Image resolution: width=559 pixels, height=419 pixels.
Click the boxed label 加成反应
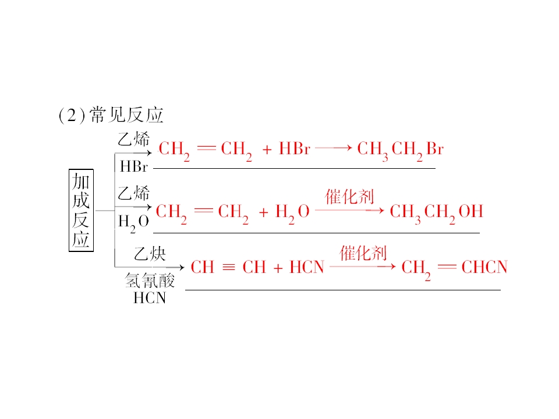pyautogui.click(x=81, y=210)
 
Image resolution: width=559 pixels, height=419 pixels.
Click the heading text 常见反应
pyautogui.click(x=126, y=115)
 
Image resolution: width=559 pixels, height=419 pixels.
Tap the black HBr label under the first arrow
pyautogui.click(x=134, y=166)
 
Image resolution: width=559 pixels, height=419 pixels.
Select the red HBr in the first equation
pyautogui.click(x=295, y=148)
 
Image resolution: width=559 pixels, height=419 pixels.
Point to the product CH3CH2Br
pyautogui.click(x=401, y=150)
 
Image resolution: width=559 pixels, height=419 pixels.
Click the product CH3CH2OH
pyautogui.click(x=436, y=212)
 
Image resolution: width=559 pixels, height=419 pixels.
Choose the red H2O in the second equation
pyautogui.click(x=292, y=212)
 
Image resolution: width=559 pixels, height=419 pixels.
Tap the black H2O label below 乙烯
pyautogui.click(x=133, y=222)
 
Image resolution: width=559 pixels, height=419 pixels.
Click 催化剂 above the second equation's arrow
pyautogui.click(x=349, y=196)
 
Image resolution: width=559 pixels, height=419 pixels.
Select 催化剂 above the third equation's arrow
pyautogui.click(x=363, y=253)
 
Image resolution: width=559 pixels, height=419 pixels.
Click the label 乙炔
pyautogui.click(x=150, y=254)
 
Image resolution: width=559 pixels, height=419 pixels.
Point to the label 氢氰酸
pyautogui.click(x=150, y=280)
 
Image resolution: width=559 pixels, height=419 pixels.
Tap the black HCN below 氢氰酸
pyautogui.click(x=150, y=298)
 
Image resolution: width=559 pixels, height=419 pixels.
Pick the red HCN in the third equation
pyautogui.click(x=307, y=267)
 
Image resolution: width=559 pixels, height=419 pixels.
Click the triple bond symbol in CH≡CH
pyautogui.click(x=228, y=267)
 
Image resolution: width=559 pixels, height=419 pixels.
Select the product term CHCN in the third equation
pyautogui.click(x=484, y=267)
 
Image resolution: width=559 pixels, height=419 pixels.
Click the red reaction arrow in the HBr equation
pyautogui.click(x=334, y=147)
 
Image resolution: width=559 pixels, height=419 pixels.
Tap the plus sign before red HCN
pyautogui.click(x=278, y=268)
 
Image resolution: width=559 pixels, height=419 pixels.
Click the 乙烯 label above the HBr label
pyautogui.click(x=134, y=139)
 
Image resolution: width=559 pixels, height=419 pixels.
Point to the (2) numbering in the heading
pyautogui.click(x=72, y=115)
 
